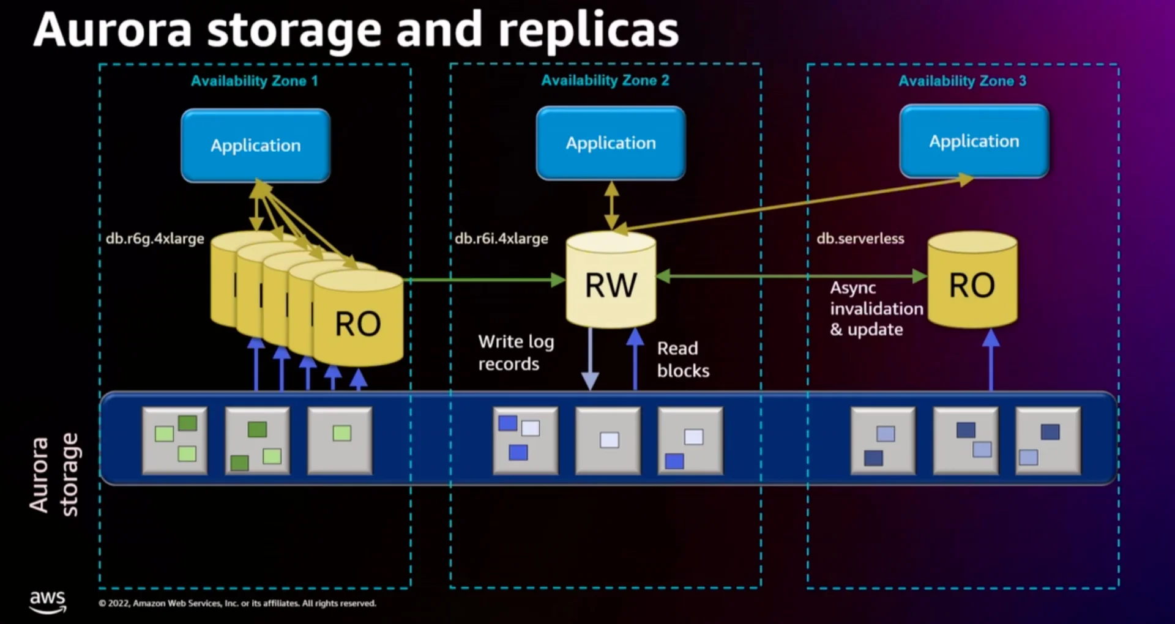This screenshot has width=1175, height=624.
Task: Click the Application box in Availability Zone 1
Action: tap(256, 146)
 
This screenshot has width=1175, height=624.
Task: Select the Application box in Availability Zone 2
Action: tap(611, 143)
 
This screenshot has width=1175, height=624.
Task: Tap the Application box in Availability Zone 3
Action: tap(974, 141)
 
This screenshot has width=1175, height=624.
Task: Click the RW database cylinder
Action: tap(611, 283)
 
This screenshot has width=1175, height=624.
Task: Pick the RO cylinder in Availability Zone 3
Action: tap(972, 283)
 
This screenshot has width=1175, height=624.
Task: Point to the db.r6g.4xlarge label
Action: tap(155, 239)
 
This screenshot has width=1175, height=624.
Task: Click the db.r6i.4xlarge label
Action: tap(501, 239)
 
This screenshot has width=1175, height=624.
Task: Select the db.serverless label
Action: tap(860, 239)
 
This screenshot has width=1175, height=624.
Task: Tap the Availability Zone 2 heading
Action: tap(605, 80)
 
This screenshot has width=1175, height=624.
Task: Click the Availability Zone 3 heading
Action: tap(962, 81)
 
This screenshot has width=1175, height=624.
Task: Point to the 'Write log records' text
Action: tap(515, 352)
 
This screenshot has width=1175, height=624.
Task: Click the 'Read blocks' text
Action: tap(682, 359)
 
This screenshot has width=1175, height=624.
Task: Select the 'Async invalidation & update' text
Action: tap(875, 308)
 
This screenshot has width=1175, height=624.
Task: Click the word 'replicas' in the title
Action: tap(588, 31)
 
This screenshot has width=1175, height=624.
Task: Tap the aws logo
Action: tap(48, 600)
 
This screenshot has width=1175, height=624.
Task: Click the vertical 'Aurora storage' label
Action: tap(54, 475)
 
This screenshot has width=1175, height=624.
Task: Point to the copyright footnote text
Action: tap(237, 603)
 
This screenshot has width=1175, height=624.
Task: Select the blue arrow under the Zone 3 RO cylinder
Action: tap(991, 361)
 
